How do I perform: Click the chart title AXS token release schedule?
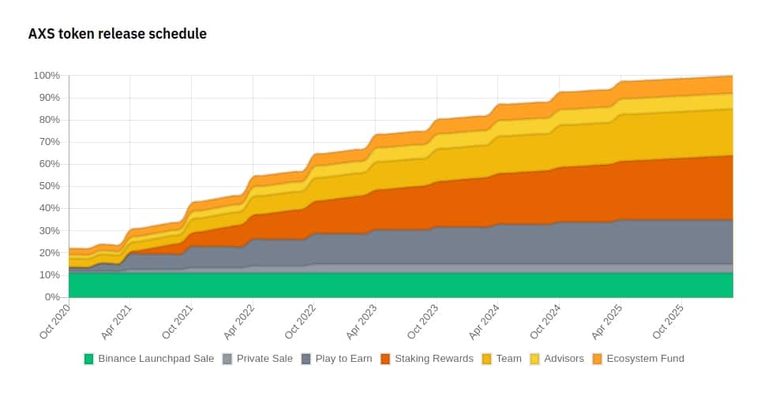pyautogui.click(x=117, y=34)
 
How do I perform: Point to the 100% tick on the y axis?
pyautogui.click(x=47, y=76)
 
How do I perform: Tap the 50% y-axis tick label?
pyautogui.click(x=49, y=186)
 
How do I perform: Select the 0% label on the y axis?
pyautogui.click(x=51, y=297)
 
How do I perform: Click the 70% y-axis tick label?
pyautogui.click(x=49, y=142)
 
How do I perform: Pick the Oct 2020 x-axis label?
pyautogui.click(x=54, y=321)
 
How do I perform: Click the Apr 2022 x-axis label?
pyautogui.click(x=239, y=322)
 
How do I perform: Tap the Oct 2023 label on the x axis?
pyautogui.click(x=422, y=321)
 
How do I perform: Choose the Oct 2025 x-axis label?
pyautogui.click(x=668, y=321)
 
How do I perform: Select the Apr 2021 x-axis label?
pyautogui.click(x=116, y=322)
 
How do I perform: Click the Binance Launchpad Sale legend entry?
pyautogui.click(x=149, y=359)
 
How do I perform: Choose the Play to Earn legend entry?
pyautogui.click(x=337, y=359)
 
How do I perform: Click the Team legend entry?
pyautogui.click(x=502, y=359)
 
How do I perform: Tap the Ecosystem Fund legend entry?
pyautogui.click(x=638, y=359)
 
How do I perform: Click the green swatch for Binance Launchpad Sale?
pyautogui.click(x=88, y=359)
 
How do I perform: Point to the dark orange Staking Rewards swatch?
pyautogui.click(x=385, y=359)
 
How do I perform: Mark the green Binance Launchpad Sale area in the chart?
pyautogui.click(x=401, y=285)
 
